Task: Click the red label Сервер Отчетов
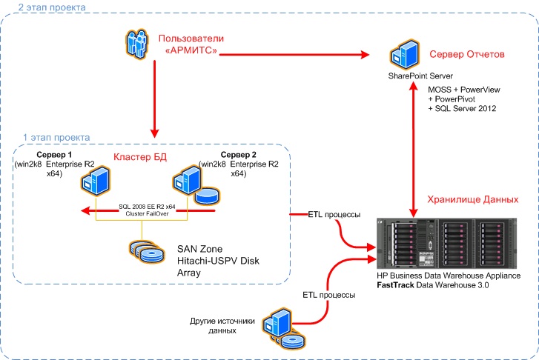click(468, 55)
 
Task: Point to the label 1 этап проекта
click(56, 137)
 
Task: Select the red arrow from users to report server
click(297, 54)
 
